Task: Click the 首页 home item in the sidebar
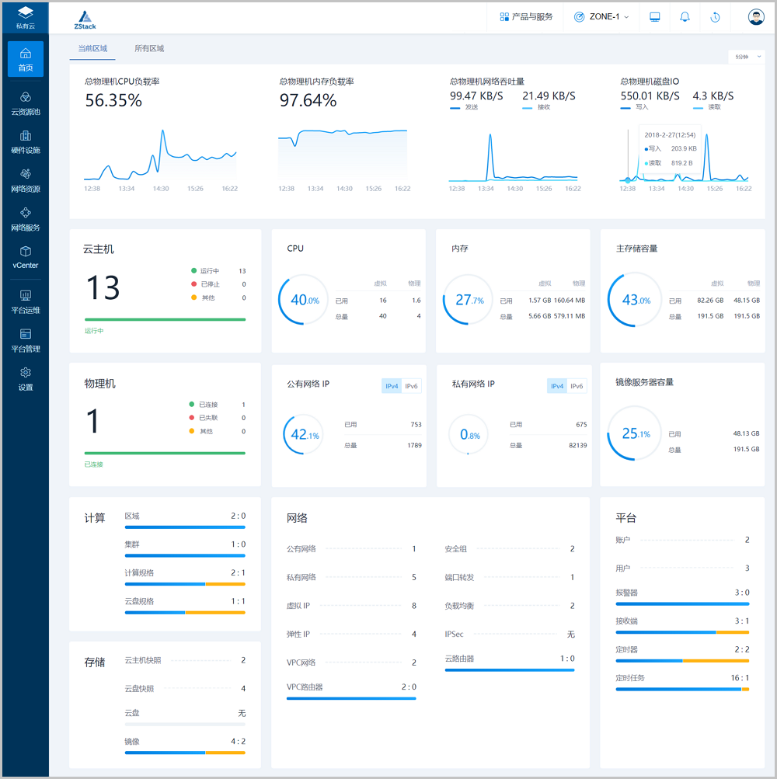coord(26,59)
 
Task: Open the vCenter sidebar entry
coord(26,257)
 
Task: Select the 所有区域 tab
coord(149,48)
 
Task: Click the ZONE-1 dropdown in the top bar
coord(601,16)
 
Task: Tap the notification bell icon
coord(685,16)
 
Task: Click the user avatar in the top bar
coord(756,16)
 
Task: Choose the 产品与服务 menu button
coord(526,16)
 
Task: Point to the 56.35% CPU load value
coord(113,100)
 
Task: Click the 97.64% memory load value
coord(308,100)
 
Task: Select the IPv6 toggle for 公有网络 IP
coord(412,386)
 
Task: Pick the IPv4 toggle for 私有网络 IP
coord(557,386)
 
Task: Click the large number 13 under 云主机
coord(103,287)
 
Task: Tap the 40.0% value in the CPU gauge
coord(304,300)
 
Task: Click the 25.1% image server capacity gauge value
coord(636,434)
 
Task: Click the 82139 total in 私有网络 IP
coord(577,445)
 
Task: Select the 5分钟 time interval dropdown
coord(746,56)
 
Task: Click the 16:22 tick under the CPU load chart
coord(229,188)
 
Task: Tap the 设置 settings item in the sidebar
coord(26,379)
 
